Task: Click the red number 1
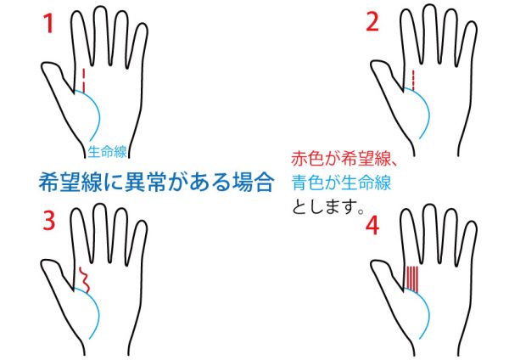(48, 24)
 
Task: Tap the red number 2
(372, 22)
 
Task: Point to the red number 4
(372, 226)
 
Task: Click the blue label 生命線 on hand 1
(107, 151)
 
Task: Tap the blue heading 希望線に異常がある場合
(156, 183)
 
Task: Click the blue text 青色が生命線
(341, 183)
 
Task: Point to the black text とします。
(327, 206)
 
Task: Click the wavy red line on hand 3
(84, 279)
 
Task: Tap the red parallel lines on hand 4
(412, 278)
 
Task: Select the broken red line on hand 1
(84, 81)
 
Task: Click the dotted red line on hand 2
(413, 81)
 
